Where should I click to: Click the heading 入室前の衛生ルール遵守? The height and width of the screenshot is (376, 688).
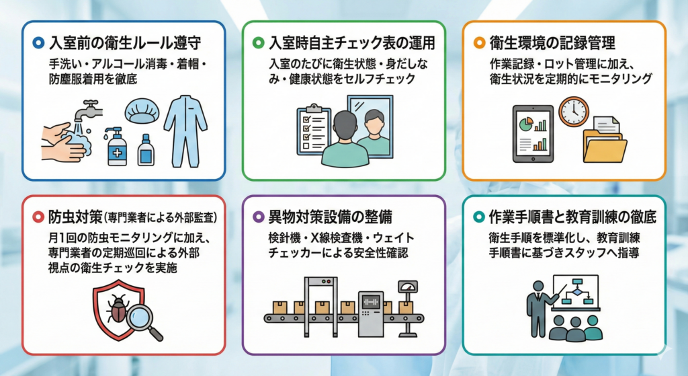pyautogui.click(x=126, y=43)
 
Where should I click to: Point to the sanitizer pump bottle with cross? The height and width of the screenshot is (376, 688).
pyautogui.click(x=116, y=145)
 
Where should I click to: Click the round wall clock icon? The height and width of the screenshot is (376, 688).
pyautogui.click(x=573, y=111)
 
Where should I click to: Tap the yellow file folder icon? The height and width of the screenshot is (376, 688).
pyautogui.click(x=605, y=141)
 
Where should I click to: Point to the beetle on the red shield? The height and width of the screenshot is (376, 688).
pyautogui.click(x=118, y=309)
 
